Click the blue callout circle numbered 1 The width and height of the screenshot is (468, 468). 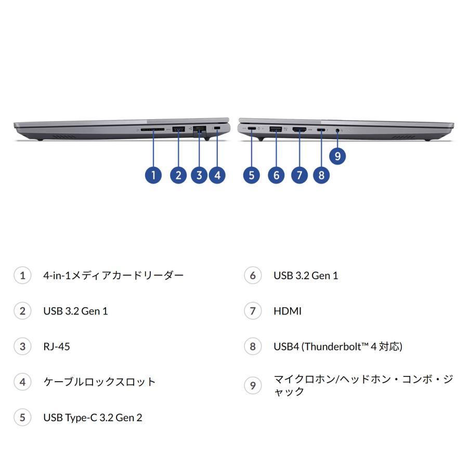click(x=153, y=175)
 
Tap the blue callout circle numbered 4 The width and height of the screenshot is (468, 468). click(x=217, y=175)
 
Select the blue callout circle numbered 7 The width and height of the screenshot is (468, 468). click(x=299, y=175)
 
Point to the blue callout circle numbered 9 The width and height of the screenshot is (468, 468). click(x=337, y=155)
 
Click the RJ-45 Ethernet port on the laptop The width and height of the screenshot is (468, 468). click(x=200, y=131)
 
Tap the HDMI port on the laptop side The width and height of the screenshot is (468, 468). click(x=299, y=129)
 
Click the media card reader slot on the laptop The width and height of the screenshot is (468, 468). click(x=153, y=129)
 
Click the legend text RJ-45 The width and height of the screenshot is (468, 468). click(x=56, y=346)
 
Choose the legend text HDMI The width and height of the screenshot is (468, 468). click(x=288, y=311)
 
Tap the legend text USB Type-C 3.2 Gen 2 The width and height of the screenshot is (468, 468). click(x=93, y=417)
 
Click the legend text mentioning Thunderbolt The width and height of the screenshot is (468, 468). click(x=337, y=346)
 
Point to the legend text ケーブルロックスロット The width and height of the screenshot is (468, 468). click(x=99, y=382)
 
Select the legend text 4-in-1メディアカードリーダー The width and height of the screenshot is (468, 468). click(x=113, y=275)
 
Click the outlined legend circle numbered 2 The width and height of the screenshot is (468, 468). click(x=22, y=311)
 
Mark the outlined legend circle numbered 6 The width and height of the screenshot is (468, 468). click(x=253, y=275)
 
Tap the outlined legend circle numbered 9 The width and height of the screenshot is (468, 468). click(x=253, y=385)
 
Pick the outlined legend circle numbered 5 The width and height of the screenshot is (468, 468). click(x=22, y=417)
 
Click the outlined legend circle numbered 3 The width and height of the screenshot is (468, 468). click(x=22, y=346)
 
